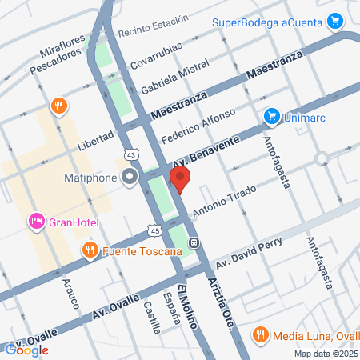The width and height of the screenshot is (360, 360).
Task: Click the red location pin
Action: [x=180, y=179]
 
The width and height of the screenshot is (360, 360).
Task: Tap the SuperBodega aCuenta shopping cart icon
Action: [x=336, y=22]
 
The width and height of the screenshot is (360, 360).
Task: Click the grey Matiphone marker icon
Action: [x=130, y=179]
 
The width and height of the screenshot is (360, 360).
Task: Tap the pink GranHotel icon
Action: [x=36, y=220]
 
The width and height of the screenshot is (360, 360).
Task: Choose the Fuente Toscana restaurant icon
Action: [x=90, y=250]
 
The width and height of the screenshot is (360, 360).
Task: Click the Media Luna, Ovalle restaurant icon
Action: [x=260, y=334]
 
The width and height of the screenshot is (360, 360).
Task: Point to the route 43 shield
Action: [x=130, y=154]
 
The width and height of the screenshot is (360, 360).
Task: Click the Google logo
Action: [x=26, y=349]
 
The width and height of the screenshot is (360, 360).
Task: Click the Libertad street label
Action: [x=96, y=142]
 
